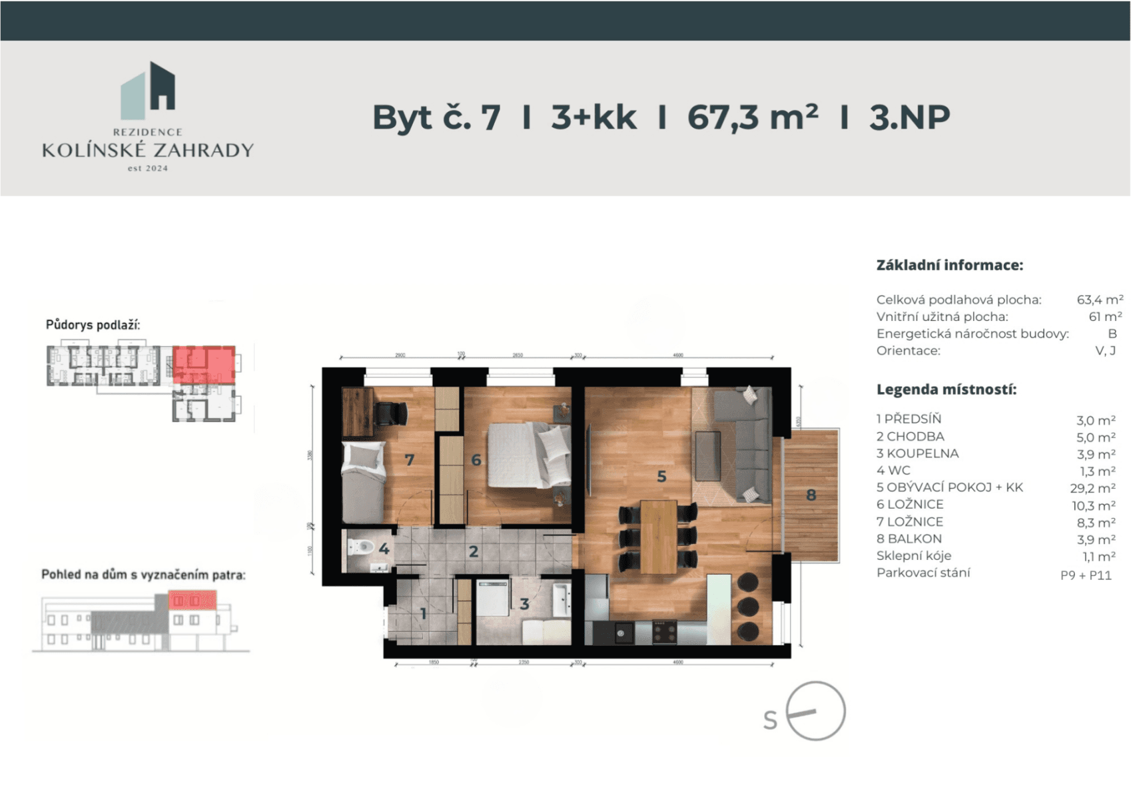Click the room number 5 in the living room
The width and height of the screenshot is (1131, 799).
click(661, 477)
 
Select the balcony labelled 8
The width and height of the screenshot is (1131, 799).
click(811, 495)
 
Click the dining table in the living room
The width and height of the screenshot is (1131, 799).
click(658, 537)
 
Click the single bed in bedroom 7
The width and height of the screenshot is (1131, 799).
click(364, 483)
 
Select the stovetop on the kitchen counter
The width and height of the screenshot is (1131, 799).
click(663, 631)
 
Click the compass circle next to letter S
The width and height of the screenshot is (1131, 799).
click(815, 711)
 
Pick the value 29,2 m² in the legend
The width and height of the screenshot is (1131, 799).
click(1092, 488)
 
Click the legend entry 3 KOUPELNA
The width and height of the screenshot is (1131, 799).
click(917, 453)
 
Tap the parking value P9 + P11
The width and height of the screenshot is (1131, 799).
click(1086, 575)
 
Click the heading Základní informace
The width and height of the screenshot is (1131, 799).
click(949, 265)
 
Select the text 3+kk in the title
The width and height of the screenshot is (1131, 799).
click(593, 117)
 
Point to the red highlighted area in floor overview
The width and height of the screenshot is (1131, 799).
click(204, 364)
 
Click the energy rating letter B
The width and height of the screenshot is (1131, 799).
click(1112, 334)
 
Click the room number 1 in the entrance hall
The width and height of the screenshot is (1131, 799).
click(423, 613)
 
